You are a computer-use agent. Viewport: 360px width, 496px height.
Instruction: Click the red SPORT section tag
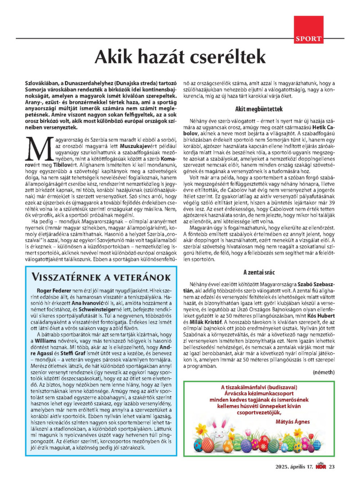point(309,39)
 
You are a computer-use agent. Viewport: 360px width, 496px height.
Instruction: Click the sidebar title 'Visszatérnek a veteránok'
point(98,276)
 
